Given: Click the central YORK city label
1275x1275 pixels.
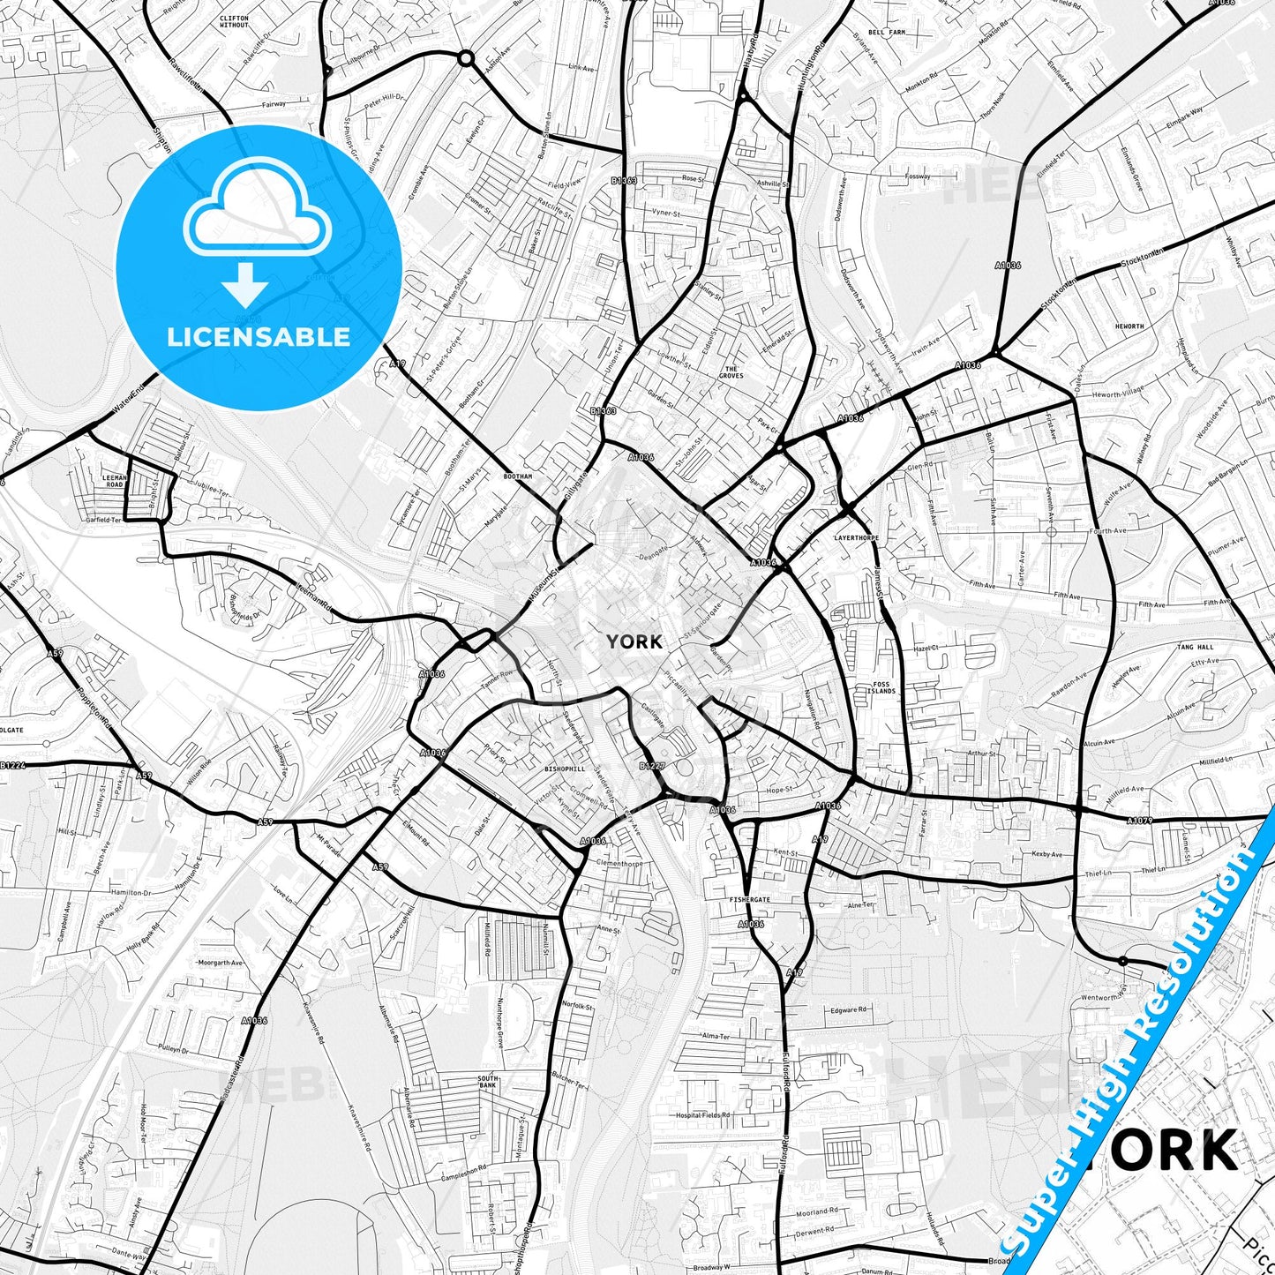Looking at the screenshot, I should click(634, 641).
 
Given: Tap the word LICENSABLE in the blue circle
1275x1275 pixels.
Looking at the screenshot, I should click(259, 337).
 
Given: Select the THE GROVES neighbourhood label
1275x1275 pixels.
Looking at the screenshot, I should click(731, 372).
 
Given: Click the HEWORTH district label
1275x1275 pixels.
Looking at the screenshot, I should click(1129, 326).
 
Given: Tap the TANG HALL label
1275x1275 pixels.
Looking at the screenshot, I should click(1195, 647).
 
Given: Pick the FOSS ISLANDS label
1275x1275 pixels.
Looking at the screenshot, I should click(882, 687).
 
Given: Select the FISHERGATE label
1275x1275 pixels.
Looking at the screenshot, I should click(749, 900).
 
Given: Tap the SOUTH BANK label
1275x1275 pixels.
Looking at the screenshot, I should click(488, 1082).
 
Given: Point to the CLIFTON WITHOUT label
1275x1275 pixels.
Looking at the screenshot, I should click(234, 21).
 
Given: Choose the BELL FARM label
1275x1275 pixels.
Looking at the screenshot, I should click(887, 32).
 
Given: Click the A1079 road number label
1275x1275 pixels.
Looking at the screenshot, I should click(1139, 821).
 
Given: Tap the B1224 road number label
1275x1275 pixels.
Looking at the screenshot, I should click(12, 766).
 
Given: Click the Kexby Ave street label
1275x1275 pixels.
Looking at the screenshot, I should click(1047, 855).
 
